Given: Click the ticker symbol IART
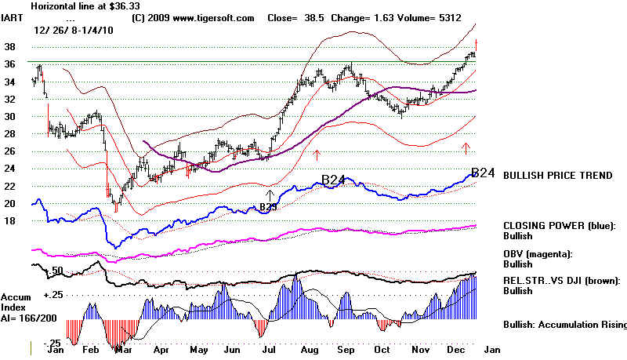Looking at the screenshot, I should (14, 16).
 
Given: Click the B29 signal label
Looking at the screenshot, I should (270, 208).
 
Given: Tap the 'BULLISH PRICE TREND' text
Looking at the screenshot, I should (557, 176).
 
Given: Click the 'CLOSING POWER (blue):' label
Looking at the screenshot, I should (558, 225).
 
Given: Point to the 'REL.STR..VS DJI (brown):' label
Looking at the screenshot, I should (563, 280).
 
